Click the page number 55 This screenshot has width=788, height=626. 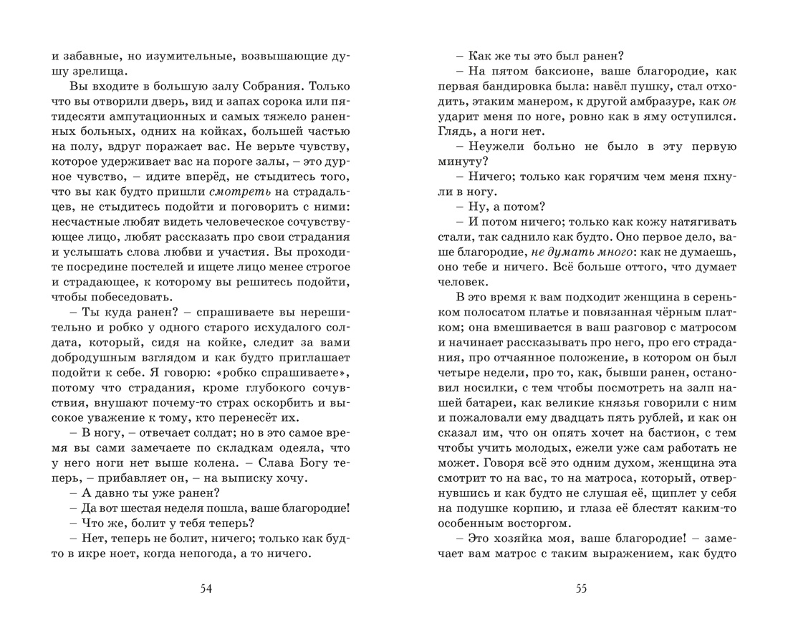click(x=581, y=589)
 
